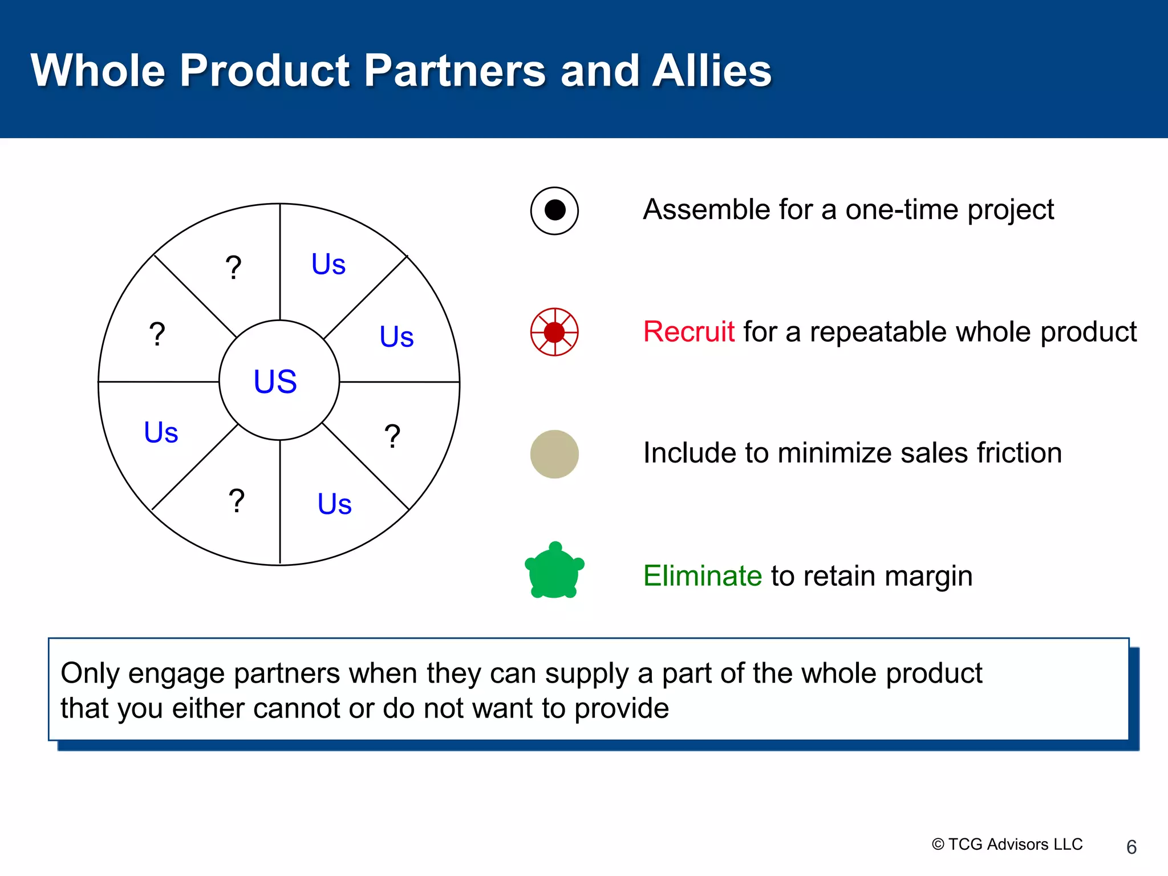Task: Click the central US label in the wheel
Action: coord(275,381)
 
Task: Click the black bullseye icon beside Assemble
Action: coord(554,210)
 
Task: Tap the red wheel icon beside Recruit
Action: coord(554,332)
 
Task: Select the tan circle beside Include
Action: coord(554,454)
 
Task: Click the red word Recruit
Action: coord(688,332)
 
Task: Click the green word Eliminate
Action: coord(702,575)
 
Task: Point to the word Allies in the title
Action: coord(711,71)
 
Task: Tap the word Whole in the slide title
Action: coord(98,71)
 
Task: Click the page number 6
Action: coord(1131,847)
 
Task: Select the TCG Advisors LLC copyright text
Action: coord(1007,844)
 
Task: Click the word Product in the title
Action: coord(265,71)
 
